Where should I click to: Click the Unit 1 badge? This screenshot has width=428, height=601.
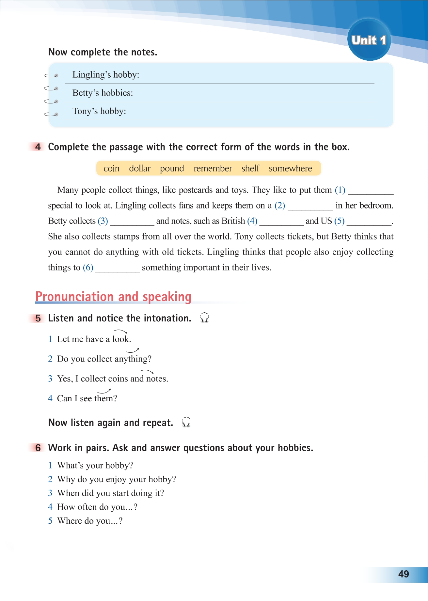pos(369,40)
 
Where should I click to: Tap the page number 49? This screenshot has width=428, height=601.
pos(404,574)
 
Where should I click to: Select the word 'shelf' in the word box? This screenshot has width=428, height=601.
pos(250,168)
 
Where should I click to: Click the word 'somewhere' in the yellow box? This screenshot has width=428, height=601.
pos(290,168)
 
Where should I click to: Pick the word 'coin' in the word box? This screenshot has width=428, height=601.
pos(111,168)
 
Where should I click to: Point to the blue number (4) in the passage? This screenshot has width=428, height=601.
pos(252,221)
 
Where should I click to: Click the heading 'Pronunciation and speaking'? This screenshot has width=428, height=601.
pos(113,297)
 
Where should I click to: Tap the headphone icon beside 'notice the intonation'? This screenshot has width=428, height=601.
pos(204,317)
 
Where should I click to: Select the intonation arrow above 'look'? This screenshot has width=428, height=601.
pos(120,331)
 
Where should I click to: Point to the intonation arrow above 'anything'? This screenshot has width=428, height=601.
pos(133,351)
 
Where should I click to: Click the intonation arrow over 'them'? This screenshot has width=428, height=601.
pos(104,391)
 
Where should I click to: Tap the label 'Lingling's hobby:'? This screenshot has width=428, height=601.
pos(106,75)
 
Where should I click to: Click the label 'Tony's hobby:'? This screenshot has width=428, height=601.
pos(99,111)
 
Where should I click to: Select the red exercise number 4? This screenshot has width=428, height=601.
pos(38,147)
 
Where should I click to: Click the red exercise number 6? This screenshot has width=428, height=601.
pos(38,448)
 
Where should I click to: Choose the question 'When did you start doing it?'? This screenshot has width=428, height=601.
pos(111,493)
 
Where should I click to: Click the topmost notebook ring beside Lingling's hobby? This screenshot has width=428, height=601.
pos(51,76)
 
